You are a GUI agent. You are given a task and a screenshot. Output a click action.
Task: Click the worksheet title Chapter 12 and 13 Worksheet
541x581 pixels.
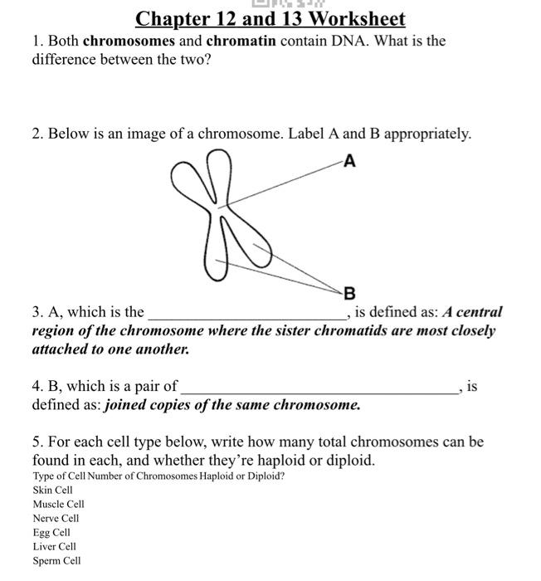pos(270,18)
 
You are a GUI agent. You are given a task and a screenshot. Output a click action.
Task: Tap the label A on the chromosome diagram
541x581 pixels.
pos(348,162)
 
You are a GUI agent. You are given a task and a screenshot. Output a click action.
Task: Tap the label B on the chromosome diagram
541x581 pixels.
pos(349,292)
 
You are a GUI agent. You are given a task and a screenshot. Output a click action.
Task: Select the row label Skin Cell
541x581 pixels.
pos(53,491)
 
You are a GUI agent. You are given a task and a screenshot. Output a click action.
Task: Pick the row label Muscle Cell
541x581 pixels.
pos(58,505)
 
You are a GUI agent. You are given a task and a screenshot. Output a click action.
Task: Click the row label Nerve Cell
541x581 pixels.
pos(56,519)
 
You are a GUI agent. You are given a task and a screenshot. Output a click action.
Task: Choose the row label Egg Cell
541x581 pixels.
pos(51,533)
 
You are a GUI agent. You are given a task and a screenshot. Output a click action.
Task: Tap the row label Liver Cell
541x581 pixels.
pos(54,547)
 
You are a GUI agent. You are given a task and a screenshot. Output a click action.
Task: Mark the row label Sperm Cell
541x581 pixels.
pos(56,561)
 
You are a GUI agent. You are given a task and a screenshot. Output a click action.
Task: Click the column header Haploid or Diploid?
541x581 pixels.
pos(241,476)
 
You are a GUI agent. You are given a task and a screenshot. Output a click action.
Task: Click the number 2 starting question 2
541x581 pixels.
pos(37,134)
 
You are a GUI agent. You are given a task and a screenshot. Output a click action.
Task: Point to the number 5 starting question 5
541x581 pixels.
pos(37,442)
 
